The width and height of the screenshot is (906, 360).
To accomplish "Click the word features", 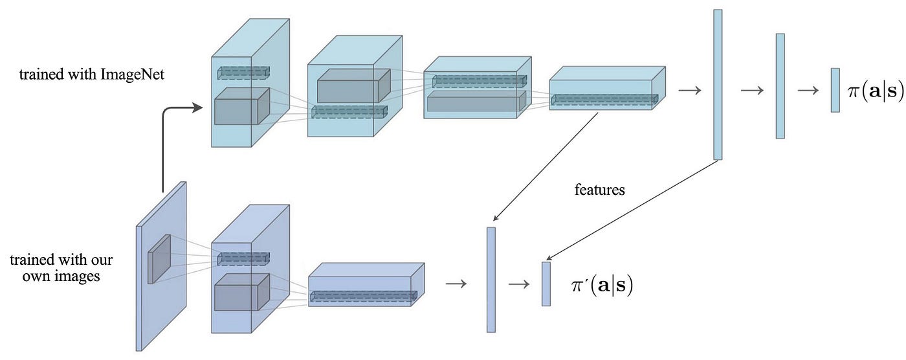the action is tap(599, 190).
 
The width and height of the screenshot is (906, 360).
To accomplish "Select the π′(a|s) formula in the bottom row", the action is tap(602, 286).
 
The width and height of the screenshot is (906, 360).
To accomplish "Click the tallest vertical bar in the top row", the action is tap(718, 85).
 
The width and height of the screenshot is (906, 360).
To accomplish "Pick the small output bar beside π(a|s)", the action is tap(835, 90).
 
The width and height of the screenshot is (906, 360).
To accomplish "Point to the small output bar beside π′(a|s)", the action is tap(546, 284).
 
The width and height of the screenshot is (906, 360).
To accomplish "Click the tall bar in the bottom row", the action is tap(491, 280).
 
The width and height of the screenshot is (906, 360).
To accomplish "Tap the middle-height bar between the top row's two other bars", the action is tap(780, 86).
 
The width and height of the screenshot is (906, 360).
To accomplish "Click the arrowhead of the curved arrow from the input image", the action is tap(198, 107).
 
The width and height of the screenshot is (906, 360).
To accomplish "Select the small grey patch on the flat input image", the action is tap(159, 259).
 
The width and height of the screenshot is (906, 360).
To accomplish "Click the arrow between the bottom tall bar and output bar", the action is tap(519, 284).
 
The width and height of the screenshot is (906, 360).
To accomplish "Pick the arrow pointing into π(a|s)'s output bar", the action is tap(808, 90).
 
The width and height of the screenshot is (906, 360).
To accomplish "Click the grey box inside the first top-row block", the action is tap(242, 106).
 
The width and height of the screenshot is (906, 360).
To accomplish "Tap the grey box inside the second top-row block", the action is tap(354, 85).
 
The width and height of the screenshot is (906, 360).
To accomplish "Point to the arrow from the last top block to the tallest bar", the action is tap(690, 90).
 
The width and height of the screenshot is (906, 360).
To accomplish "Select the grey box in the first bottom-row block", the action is tap(242, 292).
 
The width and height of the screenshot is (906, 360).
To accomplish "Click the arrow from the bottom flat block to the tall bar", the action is tap(456, 284).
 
